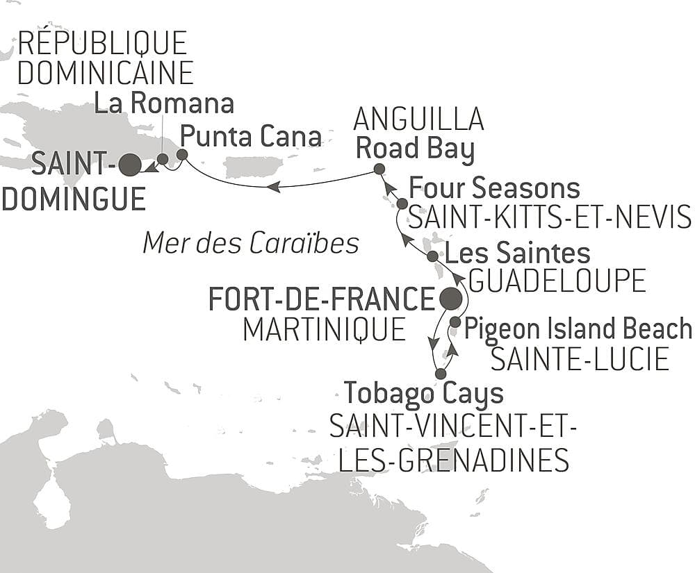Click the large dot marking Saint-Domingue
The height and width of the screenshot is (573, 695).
point(130,165)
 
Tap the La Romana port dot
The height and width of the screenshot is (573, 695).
point(162,159)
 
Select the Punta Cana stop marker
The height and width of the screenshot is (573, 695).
point(182,154)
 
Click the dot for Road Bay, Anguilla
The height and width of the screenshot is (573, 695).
point(379,169)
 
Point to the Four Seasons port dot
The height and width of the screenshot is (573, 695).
point(402,204)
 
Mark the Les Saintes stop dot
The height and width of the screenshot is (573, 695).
point(432,256)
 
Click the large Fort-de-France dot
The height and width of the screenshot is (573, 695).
point(450,299)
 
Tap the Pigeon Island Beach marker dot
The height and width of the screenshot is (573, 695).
point(455,322)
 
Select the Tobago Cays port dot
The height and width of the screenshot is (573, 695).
point(440,374)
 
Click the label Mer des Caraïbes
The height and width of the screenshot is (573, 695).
point(251,243)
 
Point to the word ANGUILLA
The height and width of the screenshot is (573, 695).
point(418,119)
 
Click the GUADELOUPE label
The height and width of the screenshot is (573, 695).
point(557,281)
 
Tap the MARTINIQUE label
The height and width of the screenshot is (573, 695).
point(324,329)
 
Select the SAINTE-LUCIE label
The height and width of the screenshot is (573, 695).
point(580,359)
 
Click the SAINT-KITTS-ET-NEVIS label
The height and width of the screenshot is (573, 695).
point(549,218)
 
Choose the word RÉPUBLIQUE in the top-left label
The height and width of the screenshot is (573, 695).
point(103,43)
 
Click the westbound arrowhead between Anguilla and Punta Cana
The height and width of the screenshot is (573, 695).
point(275,186)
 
